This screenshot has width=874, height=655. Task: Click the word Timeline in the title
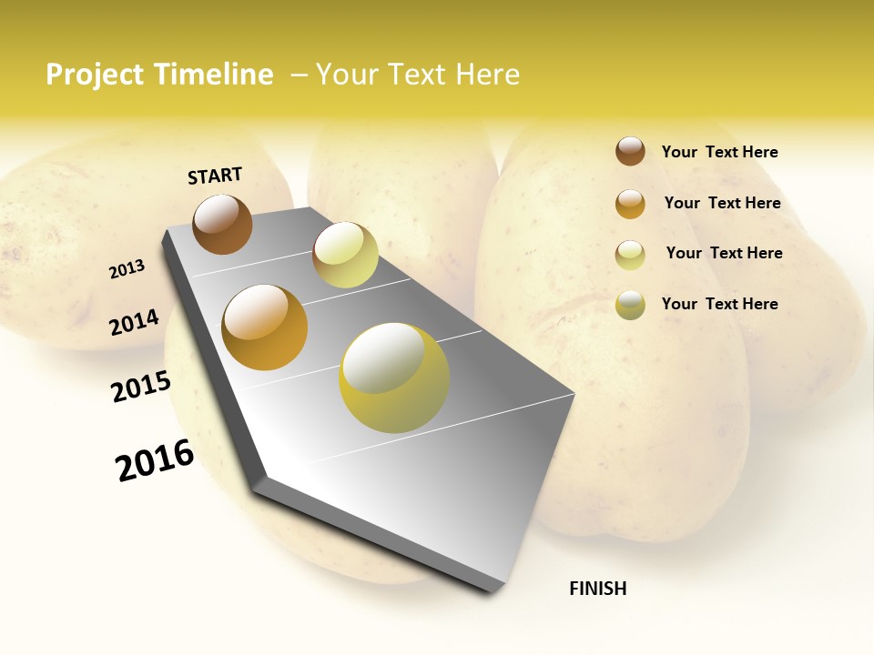pos(213,75)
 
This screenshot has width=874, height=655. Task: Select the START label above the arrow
pos(215,176)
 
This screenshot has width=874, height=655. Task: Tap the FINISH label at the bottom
pos(597,589)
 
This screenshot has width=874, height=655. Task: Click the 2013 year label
pos(127,269)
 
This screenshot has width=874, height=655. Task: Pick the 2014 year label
pos(134,322)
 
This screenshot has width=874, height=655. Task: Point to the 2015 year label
pos(141,387)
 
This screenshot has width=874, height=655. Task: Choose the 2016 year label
pos(155,460)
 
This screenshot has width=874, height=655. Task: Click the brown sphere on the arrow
pos(223,224)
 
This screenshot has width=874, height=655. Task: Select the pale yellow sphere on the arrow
pos(345,255)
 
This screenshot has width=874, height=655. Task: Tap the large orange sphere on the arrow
pos(265,327)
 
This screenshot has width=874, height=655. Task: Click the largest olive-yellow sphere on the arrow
pos(394,378)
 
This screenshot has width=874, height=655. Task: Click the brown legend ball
pos(630,151)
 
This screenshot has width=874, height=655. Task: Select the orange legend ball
pos(630,204)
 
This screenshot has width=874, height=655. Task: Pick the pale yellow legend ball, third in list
pos(630,255)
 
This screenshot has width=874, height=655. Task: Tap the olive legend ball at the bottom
pos(630,305)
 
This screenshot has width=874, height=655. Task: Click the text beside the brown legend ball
pos(719,152)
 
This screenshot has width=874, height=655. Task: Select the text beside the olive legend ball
pos(719,304)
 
